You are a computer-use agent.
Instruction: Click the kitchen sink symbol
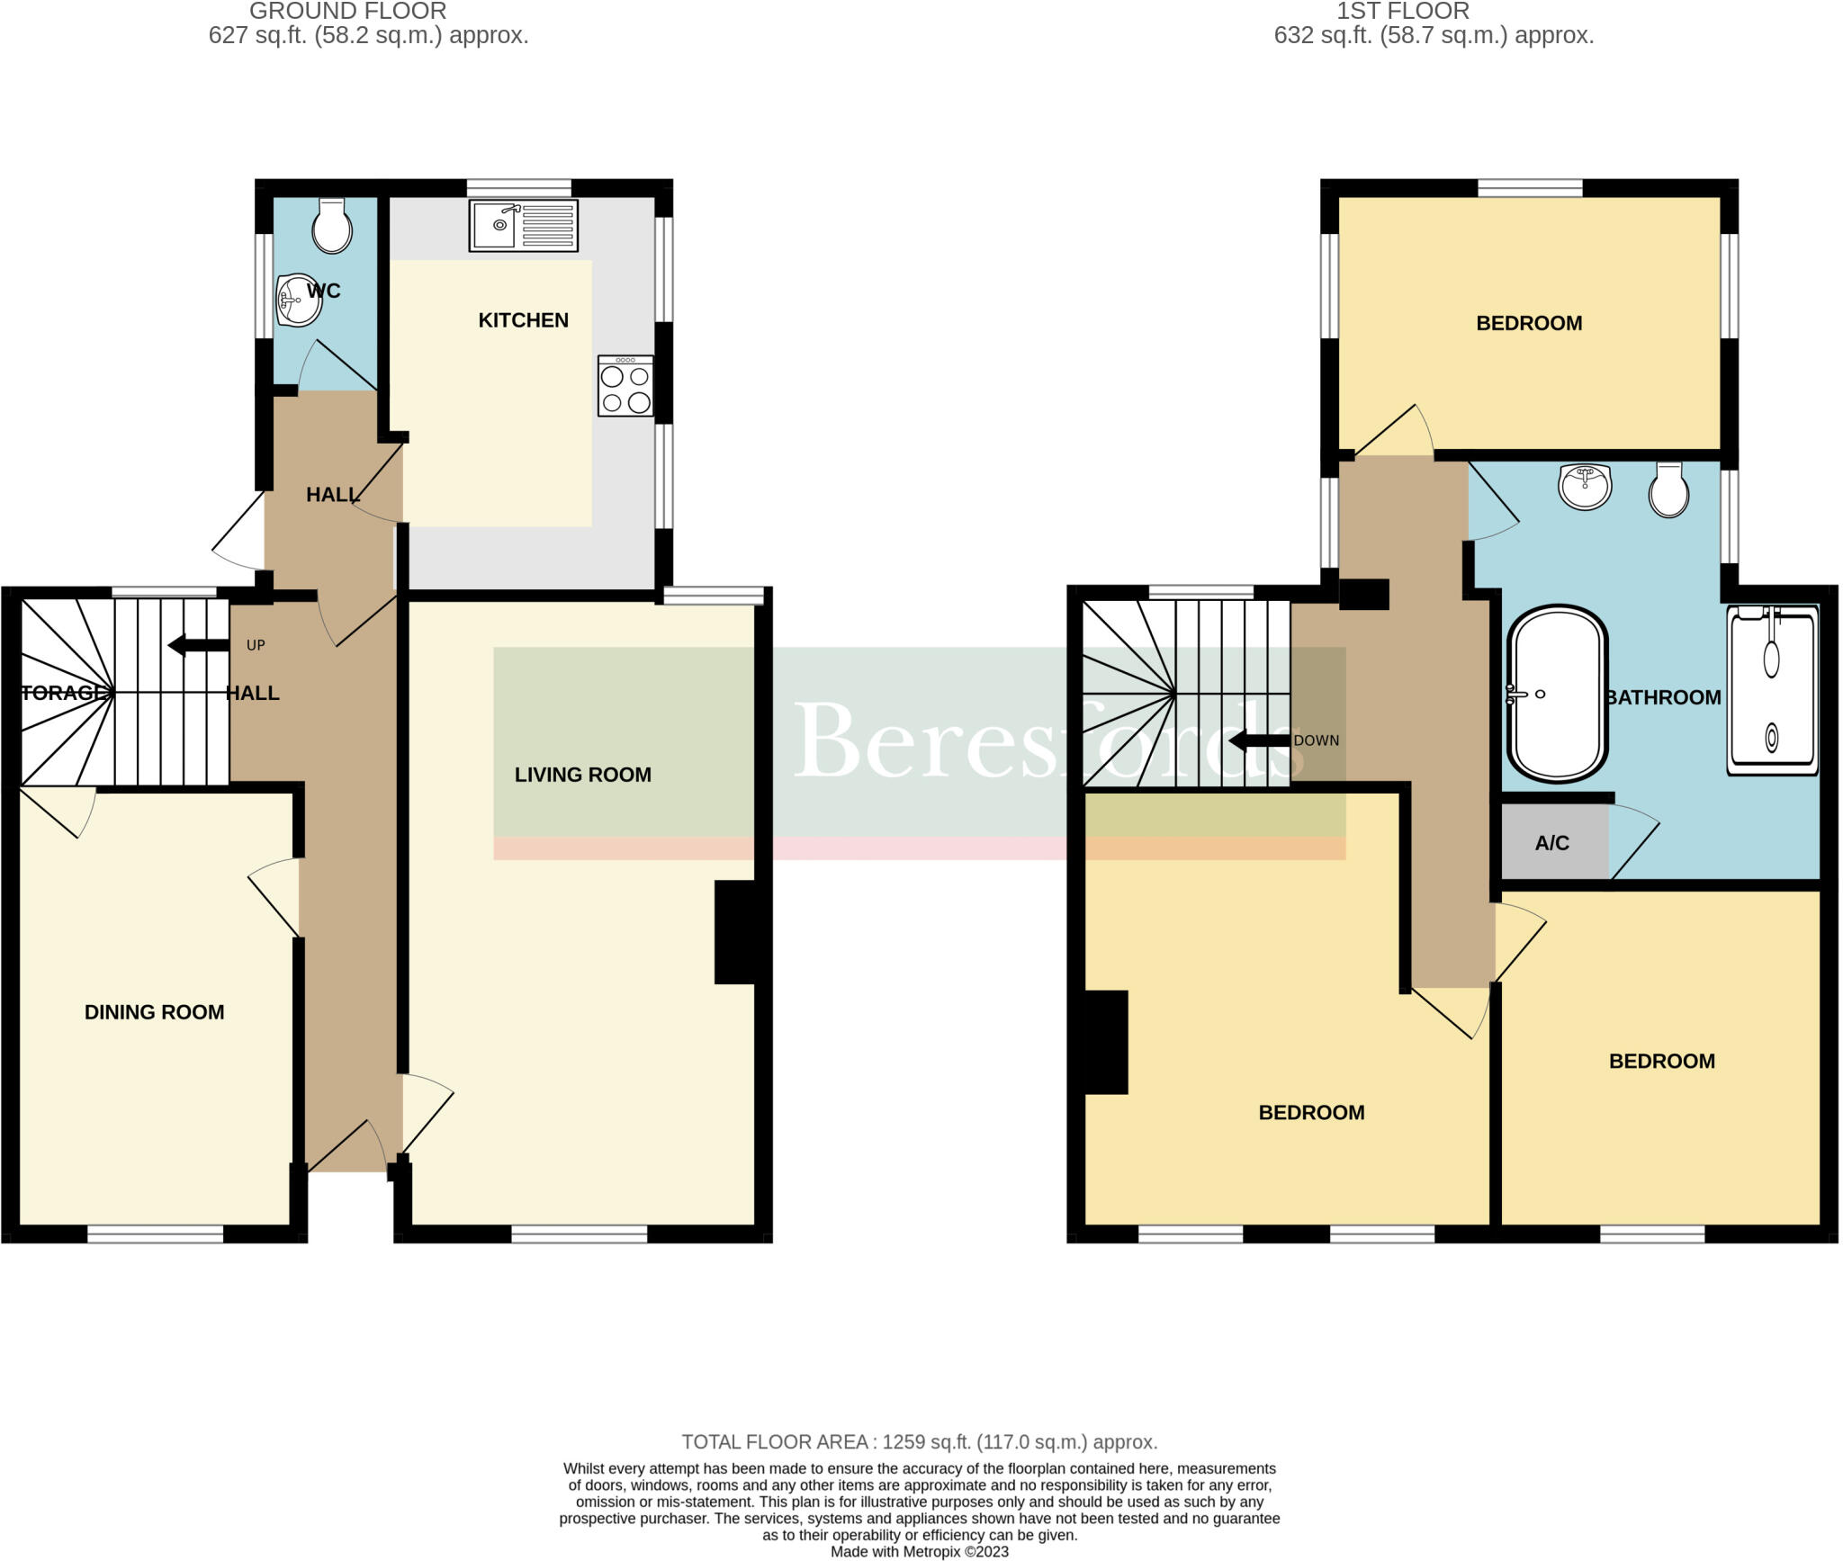pyautogui.click(x=523, y=225)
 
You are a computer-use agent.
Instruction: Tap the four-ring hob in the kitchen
pyautogui.click(x=625, y=386)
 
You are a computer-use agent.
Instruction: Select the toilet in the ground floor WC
pyautogui.click(x=331, y=226)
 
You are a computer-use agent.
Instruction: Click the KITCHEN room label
pyautogui.click(x=523, y=320)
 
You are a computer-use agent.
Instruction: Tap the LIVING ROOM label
pyautogui.click(x=582, y=775)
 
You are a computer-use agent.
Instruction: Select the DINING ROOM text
pyautogui.click(x=154, y=1012)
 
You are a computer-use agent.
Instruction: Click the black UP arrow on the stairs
pyautogui.click(x=199, y=644)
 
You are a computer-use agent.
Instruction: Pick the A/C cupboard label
pyautogui.click(x=1551, y=843)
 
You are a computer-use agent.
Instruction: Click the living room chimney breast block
pyautogui.click(x=735, y=932)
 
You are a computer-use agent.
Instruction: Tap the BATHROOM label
pyautogui.click(x=1663, y=697)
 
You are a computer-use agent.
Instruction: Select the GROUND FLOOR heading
pyautogui.click(x=347, y=12)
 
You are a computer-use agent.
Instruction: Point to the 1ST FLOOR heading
pyautogui.click(x=1402, y=12)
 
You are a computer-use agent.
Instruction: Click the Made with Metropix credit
pyautogui.click(x=919, y=1551)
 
